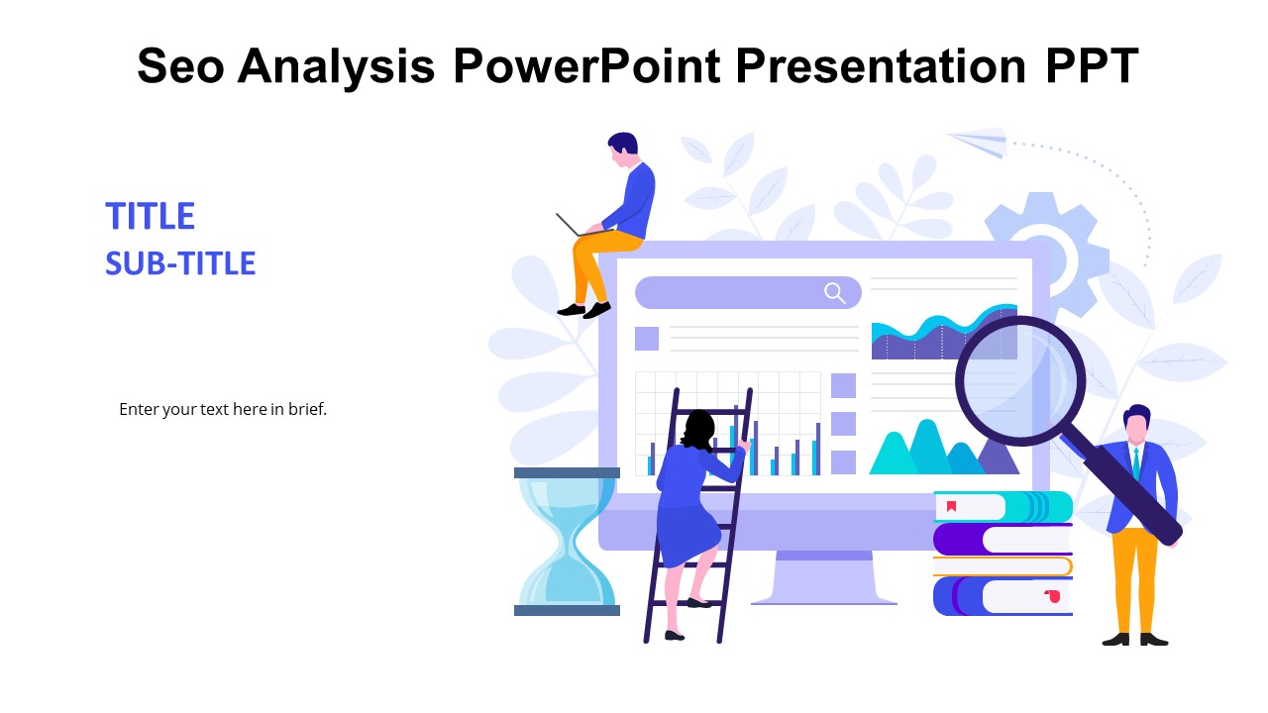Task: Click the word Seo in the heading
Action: tap(180, 65)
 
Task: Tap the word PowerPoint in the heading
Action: tap(587, 65)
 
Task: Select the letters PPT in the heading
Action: tap(1092, 65)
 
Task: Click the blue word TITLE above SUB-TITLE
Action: tap(150, 216)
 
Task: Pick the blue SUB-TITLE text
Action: tap(180, 263)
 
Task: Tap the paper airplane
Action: tap(978, 142)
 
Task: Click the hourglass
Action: tap(567, 542)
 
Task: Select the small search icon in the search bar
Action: tap(835, 293)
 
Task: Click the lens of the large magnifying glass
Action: tap(1020, 381)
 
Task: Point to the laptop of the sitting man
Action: tap(578, 226)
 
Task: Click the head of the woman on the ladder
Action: tap(698, 429)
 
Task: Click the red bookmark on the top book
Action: tap(952, 505)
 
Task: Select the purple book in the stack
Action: tap(1003, 540)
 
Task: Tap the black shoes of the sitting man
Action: tap(584, 310)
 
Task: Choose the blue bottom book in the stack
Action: tap(1003, 596)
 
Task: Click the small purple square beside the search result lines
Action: tap(647, 339)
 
